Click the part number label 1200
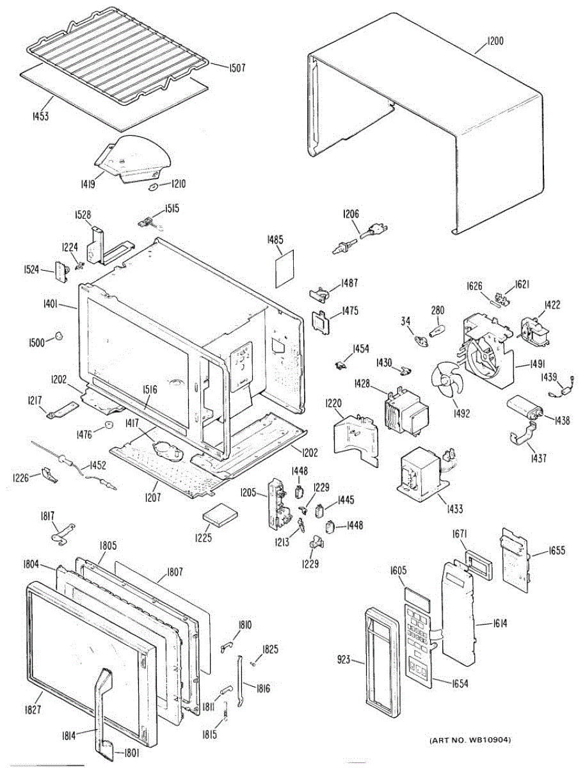pyautogui.click(x=495, y=41)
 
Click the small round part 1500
pyautogui.click(x=59, y=336)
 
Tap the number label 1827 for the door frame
pyautogui.click(x=33, y=709)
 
